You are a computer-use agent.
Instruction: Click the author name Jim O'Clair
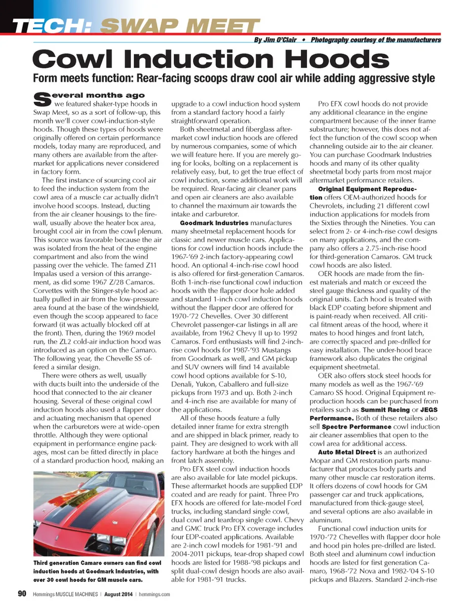click(280, 40)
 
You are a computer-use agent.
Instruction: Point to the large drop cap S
click(42, 99)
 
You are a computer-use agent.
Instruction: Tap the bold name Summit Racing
click(385, 410)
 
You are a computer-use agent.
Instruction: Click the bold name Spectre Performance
click(356, 426)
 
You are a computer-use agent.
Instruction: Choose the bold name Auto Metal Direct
click(347, 452)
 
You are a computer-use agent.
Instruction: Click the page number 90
click(22, 594)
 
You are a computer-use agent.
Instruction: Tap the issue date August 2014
click(118, 594)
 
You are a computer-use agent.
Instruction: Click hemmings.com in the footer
click(154, 594)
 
